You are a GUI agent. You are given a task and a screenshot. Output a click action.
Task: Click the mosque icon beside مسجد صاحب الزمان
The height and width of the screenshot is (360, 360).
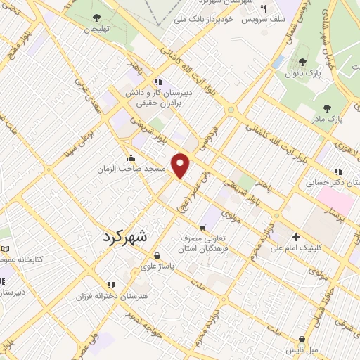[x=131, y=157]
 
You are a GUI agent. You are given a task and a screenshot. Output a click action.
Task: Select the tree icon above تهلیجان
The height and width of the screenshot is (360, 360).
[x=96, y=18]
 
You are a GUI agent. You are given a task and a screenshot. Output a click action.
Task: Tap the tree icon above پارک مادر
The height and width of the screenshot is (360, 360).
[x=328, y=108]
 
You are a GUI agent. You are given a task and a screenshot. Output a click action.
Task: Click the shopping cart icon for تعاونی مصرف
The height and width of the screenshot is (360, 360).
[x=202, y=227]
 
